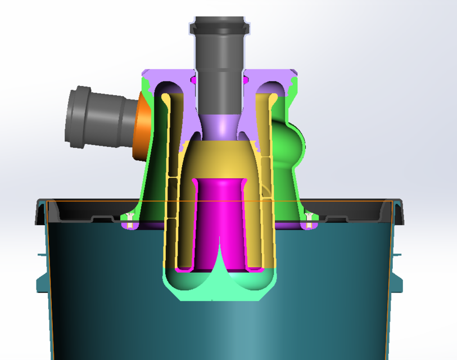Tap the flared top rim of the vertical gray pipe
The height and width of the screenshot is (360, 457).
click(219, 25)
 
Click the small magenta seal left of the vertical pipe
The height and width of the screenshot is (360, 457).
click(194, 80)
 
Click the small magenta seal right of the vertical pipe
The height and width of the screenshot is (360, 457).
click(246, 80)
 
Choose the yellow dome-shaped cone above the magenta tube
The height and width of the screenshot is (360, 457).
click(219, 160)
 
